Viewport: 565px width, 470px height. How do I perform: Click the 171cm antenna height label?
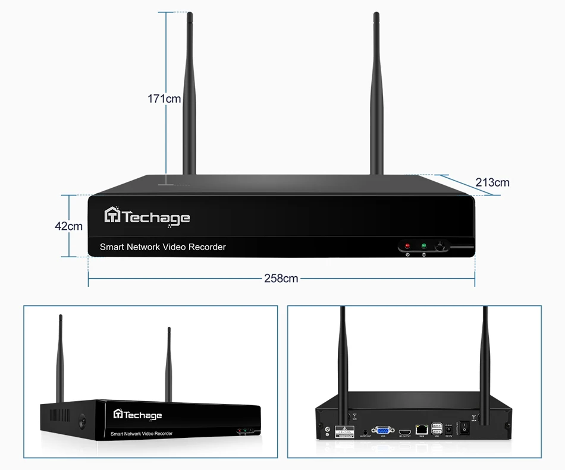click(x=164, y=99)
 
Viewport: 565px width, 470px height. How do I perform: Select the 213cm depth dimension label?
click(x=492, y=182)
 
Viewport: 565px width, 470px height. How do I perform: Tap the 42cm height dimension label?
click(x=68, y=226)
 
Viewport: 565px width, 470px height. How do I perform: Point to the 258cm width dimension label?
click(x=281, y=278)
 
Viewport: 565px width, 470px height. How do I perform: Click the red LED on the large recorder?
click(x=407, y=245)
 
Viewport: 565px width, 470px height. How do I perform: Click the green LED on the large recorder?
click(x=424, y=245)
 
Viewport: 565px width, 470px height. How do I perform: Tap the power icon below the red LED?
click(x=407, y=255)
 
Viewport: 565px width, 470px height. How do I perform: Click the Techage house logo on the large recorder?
click(x=112, y=216)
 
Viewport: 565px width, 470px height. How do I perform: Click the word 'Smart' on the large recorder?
click(x=112, y=247)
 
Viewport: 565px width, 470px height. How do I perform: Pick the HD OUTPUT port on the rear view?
click(x=405, y=430)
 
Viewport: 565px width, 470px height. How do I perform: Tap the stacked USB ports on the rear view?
click(x=437, y=427)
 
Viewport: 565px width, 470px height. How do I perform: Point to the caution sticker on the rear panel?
click(x=344, y=432)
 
